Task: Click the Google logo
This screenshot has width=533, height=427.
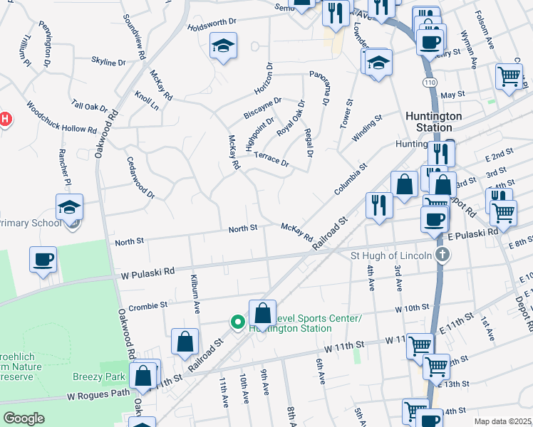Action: point(23,418)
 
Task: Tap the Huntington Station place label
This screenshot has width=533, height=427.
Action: point(433,122)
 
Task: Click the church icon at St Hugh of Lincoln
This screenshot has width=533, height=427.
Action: point(442,255)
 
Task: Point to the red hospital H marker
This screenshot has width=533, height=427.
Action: point(4,119)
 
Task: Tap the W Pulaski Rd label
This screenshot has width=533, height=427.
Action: point(148,272)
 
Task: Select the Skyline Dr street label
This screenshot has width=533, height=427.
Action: point(109,62)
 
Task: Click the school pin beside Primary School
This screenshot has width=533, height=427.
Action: point(70,207)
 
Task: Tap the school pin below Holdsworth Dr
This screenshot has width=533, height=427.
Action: point(224,47)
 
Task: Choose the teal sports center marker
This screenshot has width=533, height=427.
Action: point(237,322)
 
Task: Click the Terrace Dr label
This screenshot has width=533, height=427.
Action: point(271,159)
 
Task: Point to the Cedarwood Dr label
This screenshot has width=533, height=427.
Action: point(140,178)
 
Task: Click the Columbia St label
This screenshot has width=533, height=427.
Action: point(351,180)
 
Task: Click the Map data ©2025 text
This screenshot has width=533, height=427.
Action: point(502,421)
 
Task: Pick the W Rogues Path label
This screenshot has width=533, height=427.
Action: point(99,394)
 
